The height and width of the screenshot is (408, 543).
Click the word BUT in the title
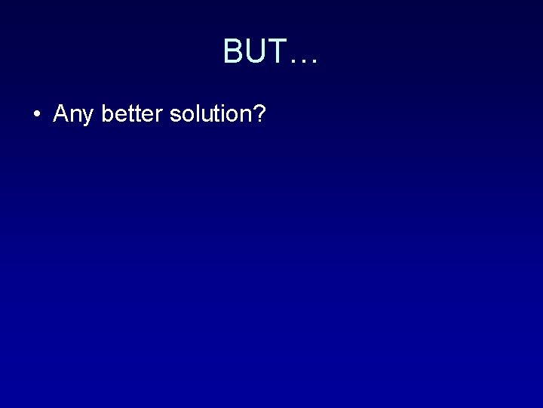click(x=255, y=52)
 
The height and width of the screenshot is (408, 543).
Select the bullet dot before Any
click(x=36, y=115)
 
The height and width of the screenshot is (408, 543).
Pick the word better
click(x=133, y=114)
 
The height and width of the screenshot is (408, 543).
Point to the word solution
click(x=210, y=114)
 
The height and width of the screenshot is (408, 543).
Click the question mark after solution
click(x=259, y=113)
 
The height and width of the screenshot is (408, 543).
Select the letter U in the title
click(x=255, y=52)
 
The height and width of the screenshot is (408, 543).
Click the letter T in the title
click(x=276, y=52)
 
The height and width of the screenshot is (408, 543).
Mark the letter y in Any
click(x=89, y=117)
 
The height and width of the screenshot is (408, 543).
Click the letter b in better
click(x=107, y=114)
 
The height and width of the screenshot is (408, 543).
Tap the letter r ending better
click(x=161, y=116)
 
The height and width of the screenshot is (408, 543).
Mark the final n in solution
click(x=244, y=116)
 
